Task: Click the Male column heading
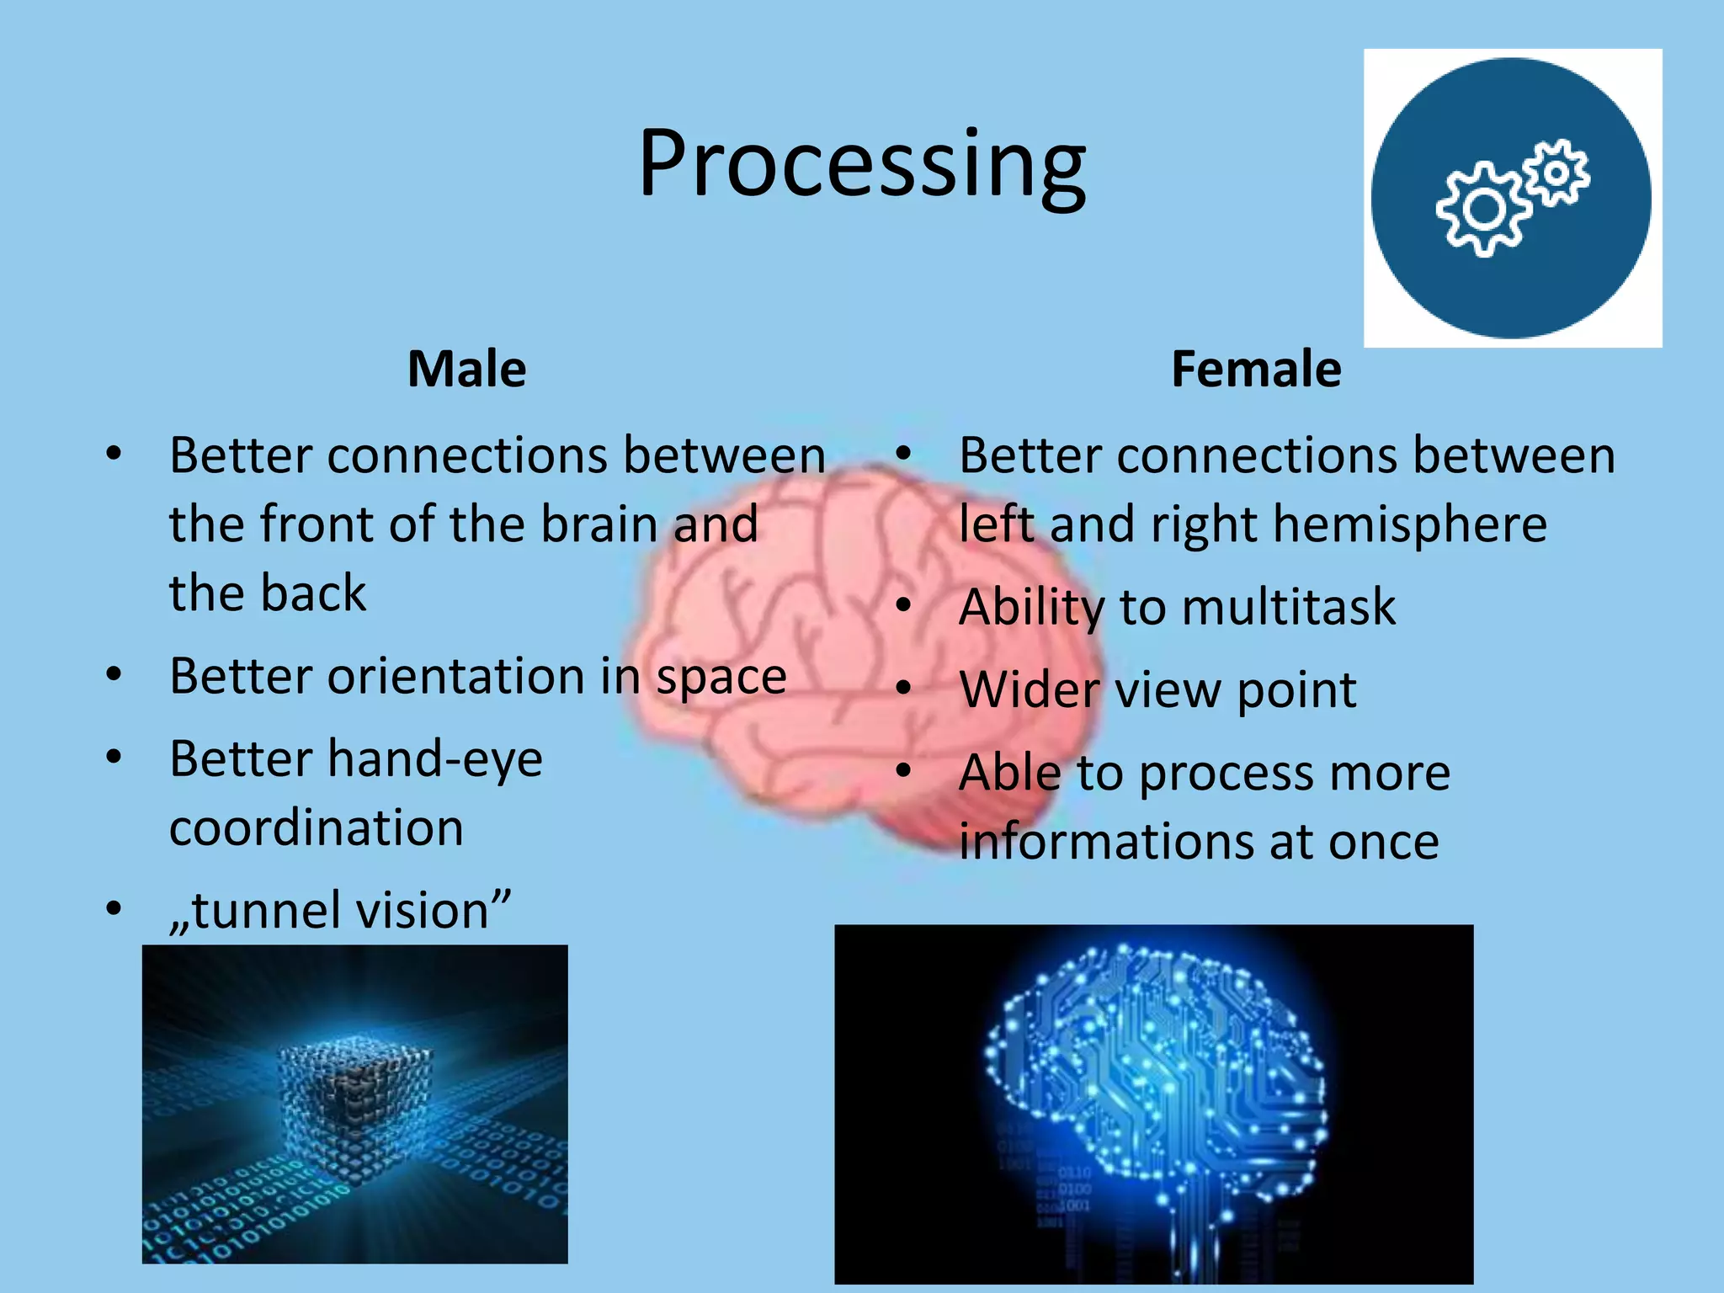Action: pos(467,369)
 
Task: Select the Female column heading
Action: pos(1256,369)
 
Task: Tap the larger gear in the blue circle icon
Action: pos(1483,210)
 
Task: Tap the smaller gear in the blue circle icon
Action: pos(1558,173)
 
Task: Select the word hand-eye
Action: pos(435,758)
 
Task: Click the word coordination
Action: pos(317,827)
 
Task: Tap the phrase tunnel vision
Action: pos(341,910)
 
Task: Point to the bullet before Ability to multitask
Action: pos(904,606)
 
